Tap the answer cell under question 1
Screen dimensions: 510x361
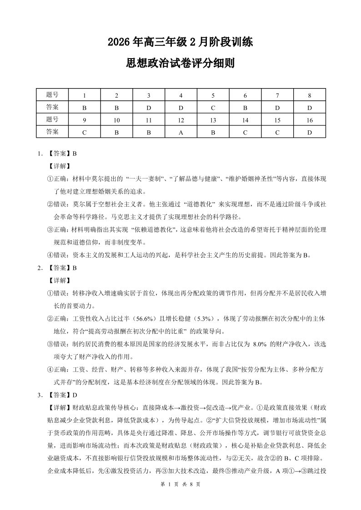point(84,108)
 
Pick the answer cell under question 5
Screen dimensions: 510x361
point(213,108)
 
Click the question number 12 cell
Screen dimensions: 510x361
point(181,120)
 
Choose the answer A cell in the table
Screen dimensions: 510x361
point(181,132)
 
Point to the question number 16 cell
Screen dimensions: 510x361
point(309,120)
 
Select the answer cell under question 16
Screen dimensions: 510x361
point(309,132)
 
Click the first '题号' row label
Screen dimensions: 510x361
point(52,95)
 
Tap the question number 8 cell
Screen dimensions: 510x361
point(309,96)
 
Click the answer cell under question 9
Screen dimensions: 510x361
point(84,132)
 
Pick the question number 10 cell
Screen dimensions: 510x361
point(116,120)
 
